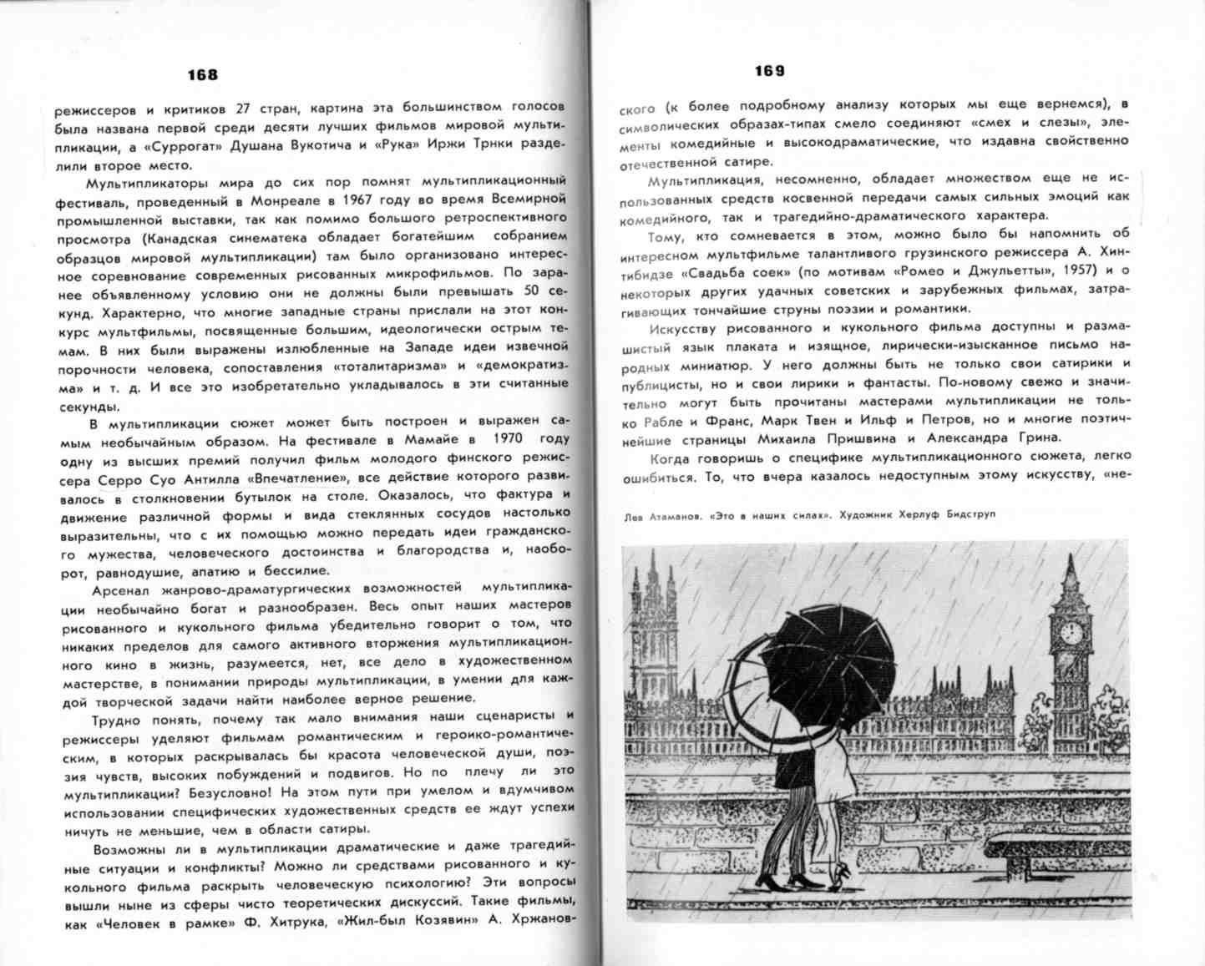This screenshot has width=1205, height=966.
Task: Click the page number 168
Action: point(202,74)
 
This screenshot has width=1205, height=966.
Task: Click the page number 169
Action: point(769,71)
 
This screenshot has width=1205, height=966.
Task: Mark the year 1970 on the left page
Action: point(509,439)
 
